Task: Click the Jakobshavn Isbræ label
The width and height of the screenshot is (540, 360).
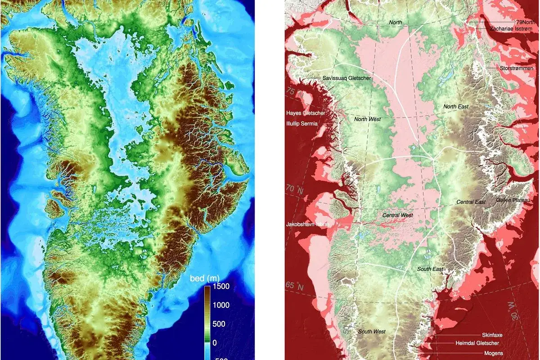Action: click(307, 224)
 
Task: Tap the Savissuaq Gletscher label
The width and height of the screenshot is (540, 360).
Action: click(346, 78)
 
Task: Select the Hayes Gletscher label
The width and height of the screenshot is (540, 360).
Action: click(306, 113)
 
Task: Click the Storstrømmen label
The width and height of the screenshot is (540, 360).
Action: click(517, 68)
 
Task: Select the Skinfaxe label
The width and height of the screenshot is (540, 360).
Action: click(492, 335)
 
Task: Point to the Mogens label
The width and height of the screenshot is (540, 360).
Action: click(493, 353)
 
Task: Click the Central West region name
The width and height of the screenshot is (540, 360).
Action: click(397, 216)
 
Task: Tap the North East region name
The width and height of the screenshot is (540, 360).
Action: click(456, 107)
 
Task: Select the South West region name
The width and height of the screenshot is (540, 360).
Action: click(372, 332)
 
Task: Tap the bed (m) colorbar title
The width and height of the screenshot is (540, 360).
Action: click(204, 279)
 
